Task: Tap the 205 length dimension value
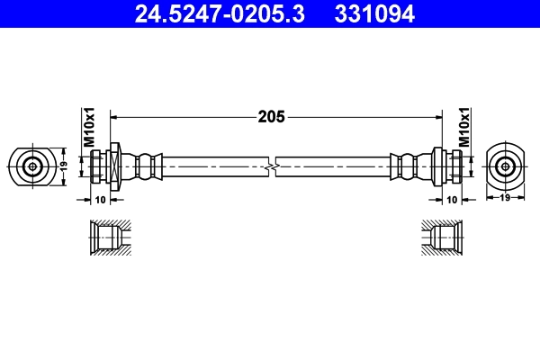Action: pos(271,116)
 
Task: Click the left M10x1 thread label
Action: pos(89,128)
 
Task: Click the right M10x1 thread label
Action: pos(464,128)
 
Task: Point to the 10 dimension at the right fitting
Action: pos(452,198)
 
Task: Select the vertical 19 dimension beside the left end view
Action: pos(64,166)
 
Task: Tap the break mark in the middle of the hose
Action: pos(272,166)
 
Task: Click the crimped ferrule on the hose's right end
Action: pos(407,166)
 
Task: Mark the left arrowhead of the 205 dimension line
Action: pos(114,116)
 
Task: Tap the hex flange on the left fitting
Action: pos(114,166)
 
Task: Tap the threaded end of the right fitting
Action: pos(456,166)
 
